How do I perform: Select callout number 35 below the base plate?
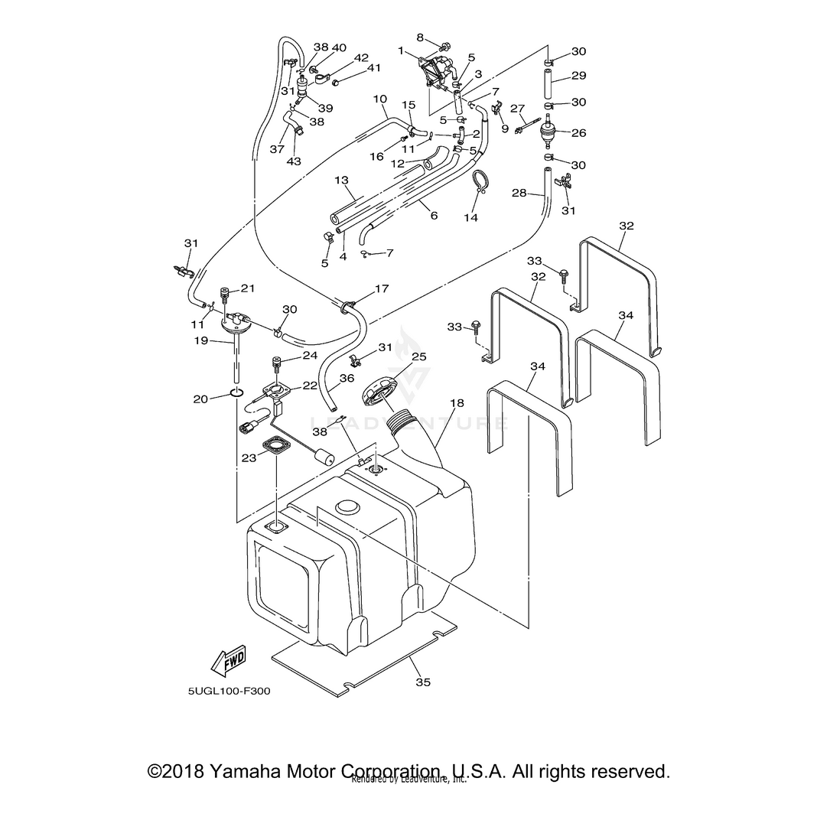click(x=419, y=682)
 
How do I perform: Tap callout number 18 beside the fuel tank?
click(x=457, y=402)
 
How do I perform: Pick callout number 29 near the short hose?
click(x=578, y=76)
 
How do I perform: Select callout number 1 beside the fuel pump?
click(x=400, y=50)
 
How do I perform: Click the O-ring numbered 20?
click(x=236, y=395)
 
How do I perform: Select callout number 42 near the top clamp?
click(x=361, y=58)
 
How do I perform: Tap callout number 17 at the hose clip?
click(x=382, y=289)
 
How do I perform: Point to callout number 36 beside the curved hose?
click(x=347, y=378)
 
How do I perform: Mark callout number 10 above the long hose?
click(x=380, y=99)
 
